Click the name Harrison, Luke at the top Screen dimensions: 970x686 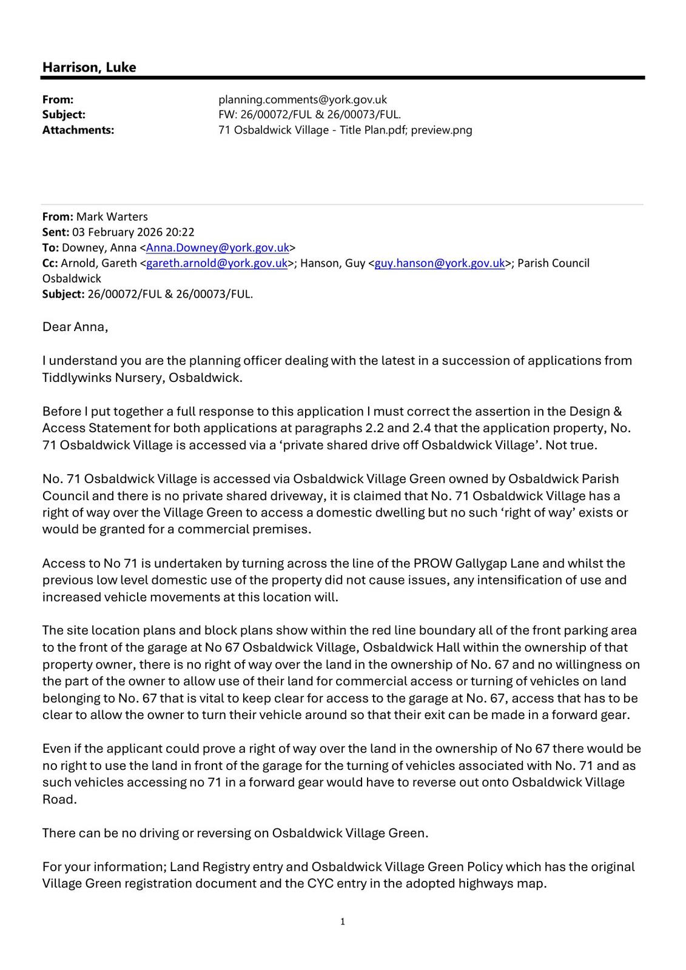pos(89,67)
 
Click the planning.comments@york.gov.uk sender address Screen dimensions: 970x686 pos(302,99)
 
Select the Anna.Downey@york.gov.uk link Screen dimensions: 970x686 pos(217,247)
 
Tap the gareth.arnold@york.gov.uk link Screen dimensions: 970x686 pos(217,263)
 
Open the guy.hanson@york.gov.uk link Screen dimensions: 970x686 pos(440,263)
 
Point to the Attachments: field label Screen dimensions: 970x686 pos(78,130)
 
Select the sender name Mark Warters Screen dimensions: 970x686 pos(112,216)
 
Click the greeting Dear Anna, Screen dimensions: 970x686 pos(75,327)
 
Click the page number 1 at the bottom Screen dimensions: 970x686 pos(343,921)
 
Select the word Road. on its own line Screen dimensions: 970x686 pos(59,799)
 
